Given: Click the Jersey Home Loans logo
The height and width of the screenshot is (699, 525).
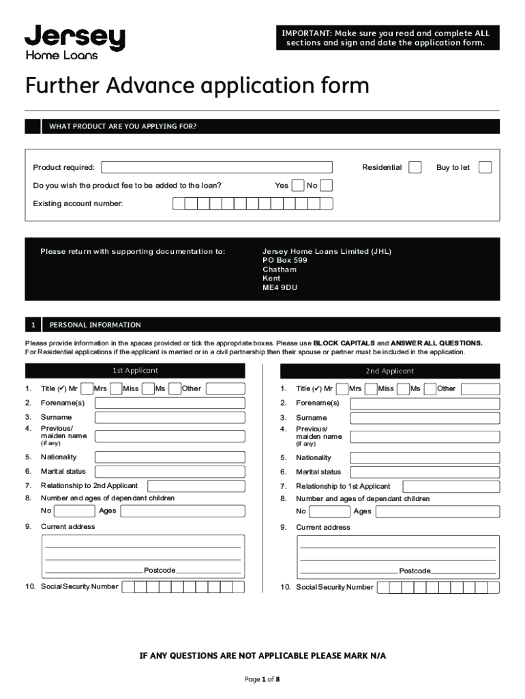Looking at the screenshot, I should click(x=75, y=42).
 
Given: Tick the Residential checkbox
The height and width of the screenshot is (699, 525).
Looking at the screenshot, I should click(x=415, y=167).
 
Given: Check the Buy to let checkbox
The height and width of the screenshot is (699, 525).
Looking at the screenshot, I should click(x=485, y=167).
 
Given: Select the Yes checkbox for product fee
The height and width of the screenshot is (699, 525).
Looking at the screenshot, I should click(x=298, y=186).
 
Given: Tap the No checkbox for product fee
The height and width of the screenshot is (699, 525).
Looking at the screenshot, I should click(x=327, y=186).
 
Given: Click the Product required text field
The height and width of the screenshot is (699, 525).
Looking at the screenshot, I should click(x=217, y=167).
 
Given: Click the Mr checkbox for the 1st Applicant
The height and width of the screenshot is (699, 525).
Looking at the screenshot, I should click(x=87, y=388).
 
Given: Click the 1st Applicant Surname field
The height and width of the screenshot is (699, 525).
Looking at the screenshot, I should click(x=170, y=417).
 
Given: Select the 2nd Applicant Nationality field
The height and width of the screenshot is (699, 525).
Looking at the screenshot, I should click(x=425, y=457).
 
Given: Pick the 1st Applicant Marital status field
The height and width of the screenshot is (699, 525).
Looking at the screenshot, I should click(x=170, y=472).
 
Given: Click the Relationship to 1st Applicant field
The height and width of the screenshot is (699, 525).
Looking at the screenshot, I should click(x=451, y=487).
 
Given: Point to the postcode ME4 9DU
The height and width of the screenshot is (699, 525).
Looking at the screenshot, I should click(x=280, y=288).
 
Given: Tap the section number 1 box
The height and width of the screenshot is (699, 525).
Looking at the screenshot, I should click(x=33, y=325).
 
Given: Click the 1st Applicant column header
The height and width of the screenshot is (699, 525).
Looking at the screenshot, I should click(x=135, y=371).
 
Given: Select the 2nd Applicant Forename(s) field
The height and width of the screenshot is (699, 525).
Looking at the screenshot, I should click(x=425, y=403).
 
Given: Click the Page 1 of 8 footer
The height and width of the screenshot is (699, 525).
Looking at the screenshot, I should click(x=262, y=680).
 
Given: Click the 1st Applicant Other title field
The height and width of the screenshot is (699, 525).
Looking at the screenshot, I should click(x=225, y=388).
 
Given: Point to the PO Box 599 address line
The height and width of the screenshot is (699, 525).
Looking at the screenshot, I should click(x=285, y=260).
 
